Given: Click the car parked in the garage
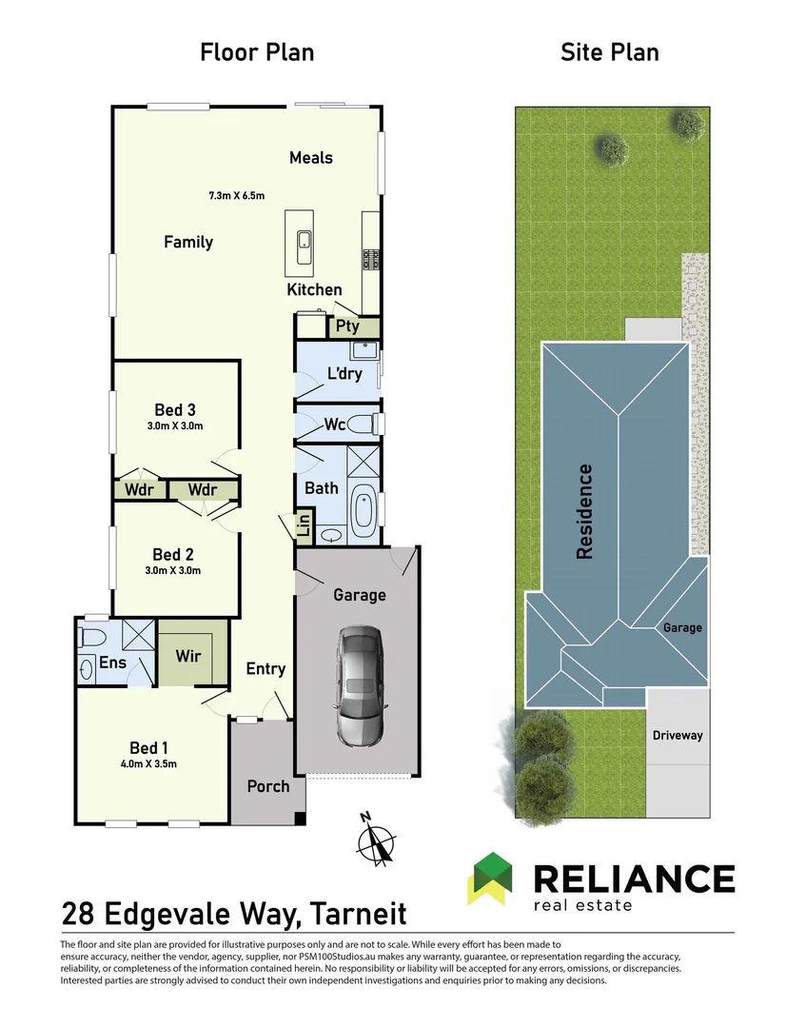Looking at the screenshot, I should [x=360, y=685].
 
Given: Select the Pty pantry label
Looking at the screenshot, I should [x=348, y=326].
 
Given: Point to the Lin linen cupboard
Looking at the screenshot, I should [x=305, y=526].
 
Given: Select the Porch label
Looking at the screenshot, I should [x=268, y=786].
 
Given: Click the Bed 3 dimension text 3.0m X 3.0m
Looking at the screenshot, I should [x=176, y=426].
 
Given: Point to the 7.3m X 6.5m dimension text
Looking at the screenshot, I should [x=236, y=196].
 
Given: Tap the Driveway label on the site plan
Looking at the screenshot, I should [x=678, y=735].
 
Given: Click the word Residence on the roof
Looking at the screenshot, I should [x=585, y=511].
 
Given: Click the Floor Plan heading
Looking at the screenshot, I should [x=257, y=51].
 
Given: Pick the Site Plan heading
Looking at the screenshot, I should [x=609, y=51].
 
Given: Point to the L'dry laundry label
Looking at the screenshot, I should [x=344, y=374].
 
